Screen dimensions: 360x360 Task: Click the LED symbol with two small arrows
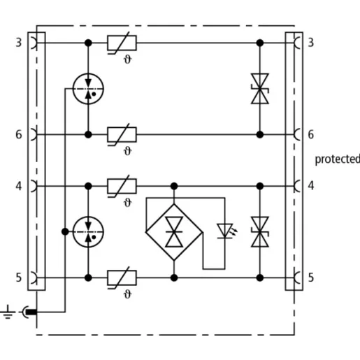[x=226, y=231]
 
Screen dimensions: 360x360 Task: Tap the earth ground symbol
[x=8, y=312]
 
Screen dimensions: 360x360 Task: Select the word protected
[x=338, y=159]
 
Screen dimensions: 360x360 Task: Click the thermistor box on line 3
[x=122, y=43]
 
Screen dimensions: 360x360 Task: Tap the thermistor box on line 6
[x=122, y=134]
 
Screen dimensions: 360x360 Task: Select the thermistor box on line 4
[x=122, y=186]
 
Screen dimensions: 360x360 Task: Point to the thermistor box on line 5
[x=122, y=278]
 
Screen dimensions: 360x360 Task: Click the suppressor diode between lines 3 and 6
[x=260, y=89]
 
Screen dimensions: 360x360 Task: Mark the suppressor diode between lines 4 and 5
[x=260, y=232]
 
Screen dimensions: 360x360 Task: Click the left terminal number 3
[x=19, y=43]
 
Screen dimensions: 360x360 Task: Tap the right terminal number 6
[x=311, y=134]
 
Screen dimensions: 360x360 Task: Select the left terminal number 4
[x=19, y=186]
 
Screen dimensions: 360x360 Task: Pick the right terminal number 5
[x=311, y=278]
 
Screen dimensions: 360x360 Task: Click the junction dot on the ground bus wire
[x=65, y=231]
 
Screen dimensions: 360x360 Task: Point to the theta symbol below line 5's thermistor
[x=127, y=294]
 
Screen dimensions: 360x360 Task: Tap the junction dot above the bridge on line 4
[x=174, y=186]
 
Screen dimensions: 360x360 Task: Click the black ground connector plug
[x=31, y=312]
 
